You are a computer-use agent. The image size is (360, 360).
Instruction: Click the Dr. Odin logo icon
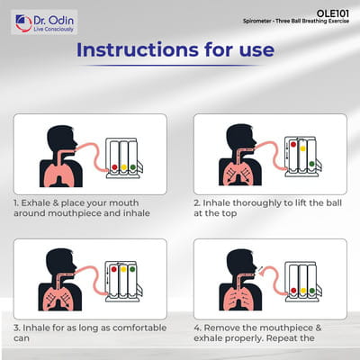pos(23,23)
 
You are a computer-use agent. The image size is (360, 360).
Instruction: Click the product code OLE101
pos(333,13)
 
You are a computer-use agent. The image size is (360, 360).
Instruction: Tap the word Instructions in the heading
pos(138,49)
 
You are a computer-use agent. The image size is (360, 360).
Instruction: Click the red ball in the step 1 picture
pos(114,167)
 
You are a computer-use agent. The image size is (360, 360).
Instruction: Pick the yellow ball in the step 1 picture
pos(123,167)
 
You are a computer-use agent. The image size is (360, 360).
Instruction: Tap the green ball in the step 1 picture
pos(133,167)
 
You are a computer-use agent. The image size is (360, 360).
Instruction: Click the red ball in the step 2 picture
pos(293,144)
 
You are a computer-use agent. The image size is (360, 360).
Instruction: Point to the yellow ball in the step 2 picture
pos(302,148)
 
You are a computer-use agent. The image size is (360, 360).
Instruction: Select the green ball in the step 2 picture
pos(312,164)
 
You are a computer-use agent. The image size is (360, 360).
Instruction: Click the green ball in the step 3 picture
pos(132,269)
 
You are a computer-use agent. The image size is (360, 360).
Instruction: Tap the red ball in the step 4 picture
pos(293,291)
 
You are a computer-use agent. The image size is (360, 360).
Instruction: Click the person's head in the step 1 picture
pos(62,139)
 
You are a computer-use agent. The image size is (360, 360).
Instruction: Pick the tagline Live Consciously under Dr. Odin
pos(53,30)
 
